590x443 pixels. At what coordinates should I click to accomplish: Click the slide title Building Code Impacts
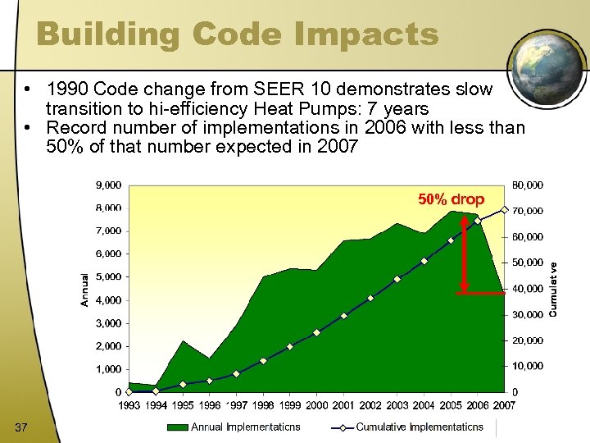pyautogui.click(x=238, y=34)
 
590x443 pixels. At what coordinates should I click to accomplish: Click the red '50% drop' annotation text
pyautogui.click(x=452, y=199)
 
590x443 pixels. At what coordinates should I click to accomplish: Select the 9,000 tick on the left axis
pyautogui.click(x=108, y=185)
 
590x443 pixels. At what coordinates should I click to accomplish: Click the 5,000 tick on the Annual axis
pyautogui.click(x=108, y=277)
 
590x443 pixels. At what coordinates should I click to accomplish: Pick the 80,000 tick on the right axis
pyautogui.click(x=528, y=185)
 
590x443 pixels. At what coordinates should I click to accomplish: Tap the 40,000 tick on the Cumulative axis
pyautogui.click(x=528, y=289)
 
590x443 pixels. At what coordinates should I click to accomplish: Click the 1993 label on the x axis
pyautogui.click(x=129, y=405)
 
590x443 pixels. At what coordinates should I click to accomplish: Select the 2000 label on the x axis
pyautogui.click(x=316, y=405)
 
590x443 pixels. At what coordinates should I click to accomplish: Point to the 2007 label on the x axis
pyautogui.click(x=504, y=405)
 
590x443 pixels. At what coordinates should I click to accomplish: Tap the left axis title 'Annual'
pyautogui.click(x=84, y=290)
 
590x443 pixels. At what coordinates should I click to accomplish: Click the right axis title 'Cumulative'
pyautogui.click(x=554, y=289)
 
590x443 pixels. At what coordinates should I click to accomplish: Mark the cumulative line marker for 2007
pyautogui.click(x=504, y=208)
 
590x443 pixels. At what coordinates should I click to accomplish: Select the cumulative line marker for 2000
pyautogui.click(x=316, y=332)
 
